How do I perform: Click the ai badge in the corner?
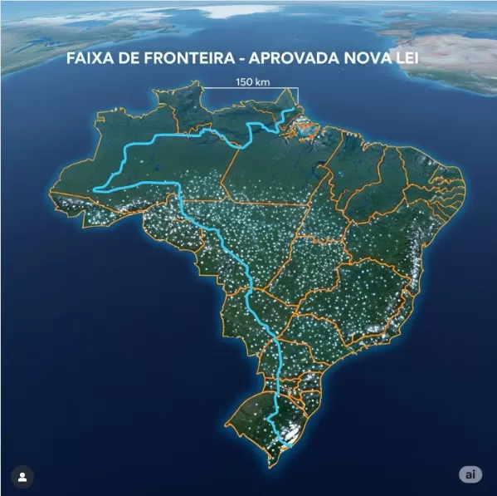coord(470,474)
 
